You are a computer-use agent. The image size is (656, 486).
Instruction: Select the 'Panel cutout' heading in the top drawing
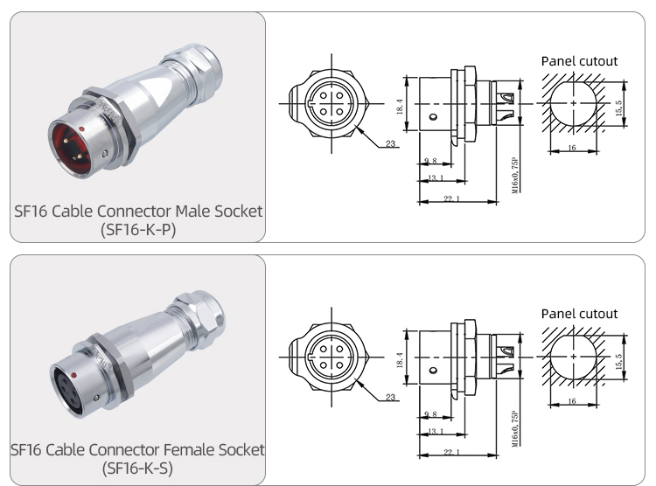click(579, 61)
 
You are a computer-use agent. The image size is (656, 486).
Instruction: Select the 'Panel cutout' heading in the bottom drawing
click(579, 313)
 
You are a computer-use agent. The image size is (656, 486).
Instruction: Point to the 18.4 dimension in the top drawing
click(400, 107)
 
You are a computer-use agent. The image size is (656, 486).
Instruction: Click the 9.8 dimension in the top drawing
click(430, 162)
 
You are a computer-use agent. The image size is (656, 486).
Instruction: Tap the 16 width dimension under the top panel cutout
click(571, 149)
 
